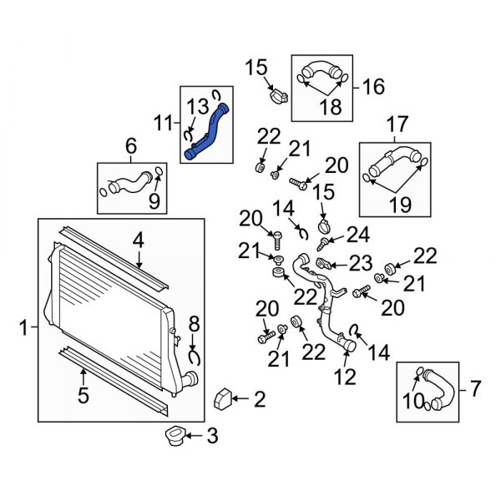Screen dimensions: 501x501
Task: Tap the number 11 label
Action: (x=164, y=123)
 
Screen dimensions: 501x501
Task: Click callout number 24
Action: (x=358, y=235)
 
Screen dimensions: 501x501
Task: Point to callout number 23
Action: (x=361, y=263)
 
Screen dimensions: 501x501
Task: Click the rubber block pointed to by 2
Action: (x=222, y=398)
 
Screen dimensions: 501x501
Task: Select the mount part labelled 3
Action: (x=175, y=436)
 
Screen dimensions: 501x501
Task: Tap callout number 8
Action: (x=194, y=324)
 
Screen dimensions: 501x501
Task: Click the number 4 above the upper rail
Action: (x=138, y=241)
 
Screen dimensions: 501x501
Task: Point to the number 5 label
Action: (x=83, y=395)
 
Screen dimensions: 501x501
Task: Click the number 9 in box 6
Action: (x=154, y=200)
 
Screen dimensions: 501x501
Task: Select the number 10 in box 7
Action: (x=413, y=401)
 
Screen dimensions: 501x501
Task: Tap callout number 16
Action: (x=373, y=86)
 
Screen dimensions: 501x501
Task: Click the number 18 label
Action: (x=331, y=106)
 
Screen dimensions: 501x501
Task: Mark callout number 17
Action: (x=397, y=124)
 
